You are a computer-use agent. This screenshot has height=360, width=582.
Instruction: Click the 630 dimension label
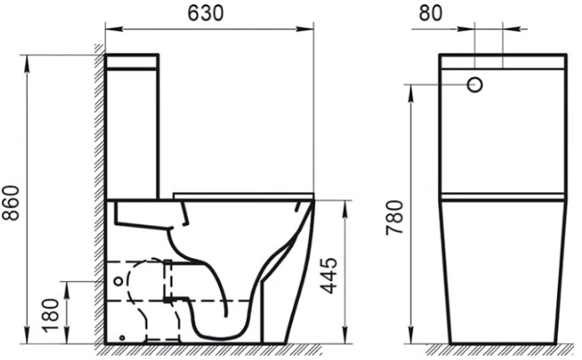[x=205, y=13]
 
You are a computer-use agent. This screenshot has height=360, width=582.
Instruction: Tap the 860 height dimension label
[x=11, y=203]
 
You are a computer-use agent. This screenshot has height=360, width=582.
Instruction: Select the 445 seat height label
[x=328, y=275]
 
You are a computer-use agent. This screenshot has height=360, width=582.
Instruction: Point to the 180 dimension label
[x=51, y=315]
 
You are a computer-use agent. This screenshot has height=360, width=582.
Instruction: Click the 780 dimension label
[x=395, y=217]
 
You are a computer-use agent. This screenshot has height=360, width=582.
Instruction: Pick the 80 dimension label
[x=431, y=13]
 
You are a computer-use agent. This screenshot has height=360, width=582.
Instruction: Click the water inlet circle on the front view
[x=475, y=85]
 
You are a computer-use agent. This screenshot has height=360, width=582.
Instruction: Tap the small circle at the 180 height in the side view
[x=119, y=281]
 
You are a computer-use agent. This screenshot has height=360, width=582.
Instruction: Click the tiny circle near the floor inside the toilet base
[x=121, y=338]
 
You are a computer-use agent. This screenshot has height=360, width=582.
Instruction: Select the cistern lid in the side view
[x=132, y=62]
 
